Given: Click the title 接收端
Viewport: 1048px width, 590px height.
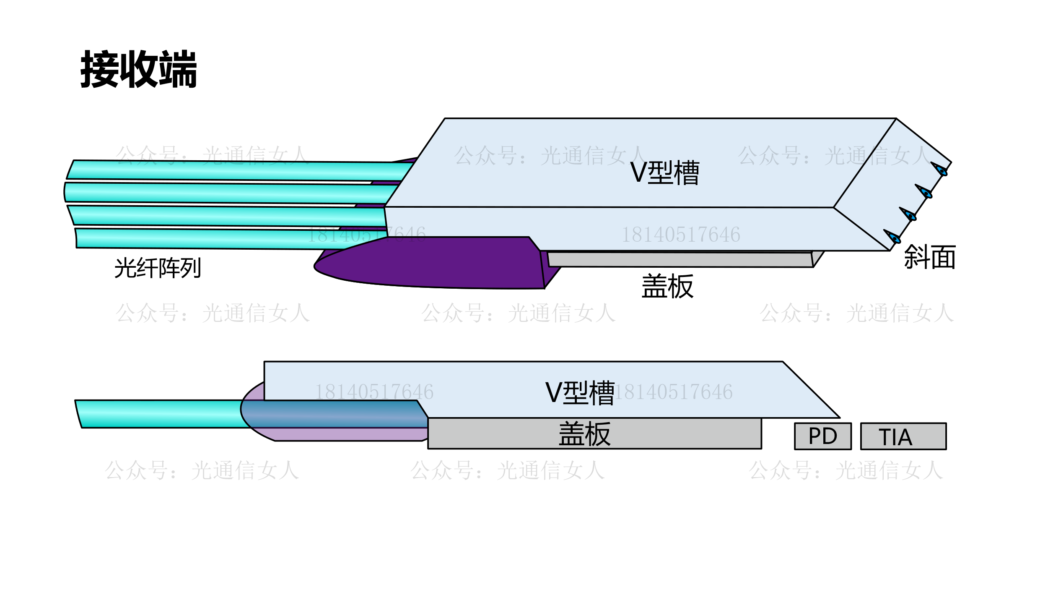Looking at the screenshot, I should coord(138,69).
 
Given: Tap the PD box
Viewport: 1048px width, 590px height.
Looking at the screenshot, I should coord(822,436).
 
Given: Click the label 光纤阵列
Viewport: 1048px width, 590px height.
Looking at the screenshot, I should coord(158,268).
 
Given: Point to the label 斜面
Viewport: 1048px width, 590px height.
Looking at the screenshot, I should coord(929,257).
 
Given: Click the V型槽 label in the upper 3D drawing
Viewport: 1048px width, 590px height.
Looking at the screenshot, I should coord(664,172).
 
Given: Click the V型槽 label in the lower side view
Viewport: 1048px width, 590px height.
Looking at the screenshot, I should coord(580,393).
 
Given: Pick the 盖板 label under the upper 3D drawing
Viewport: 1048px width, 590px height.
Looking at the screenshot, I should coord(667,286).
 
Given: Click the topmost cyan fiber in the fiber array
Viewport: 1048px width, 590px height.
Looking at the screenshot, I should coord(235,170).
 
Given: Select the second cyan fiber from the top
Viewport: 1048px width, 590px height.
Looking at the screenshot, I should coord(226,193).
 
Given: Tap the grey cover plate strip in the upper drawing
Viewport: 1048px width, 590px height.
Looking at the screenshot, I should coord(679,260).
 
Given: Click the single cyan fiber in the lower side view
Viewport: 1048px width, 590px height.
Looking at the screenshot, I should coord(159,414).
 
